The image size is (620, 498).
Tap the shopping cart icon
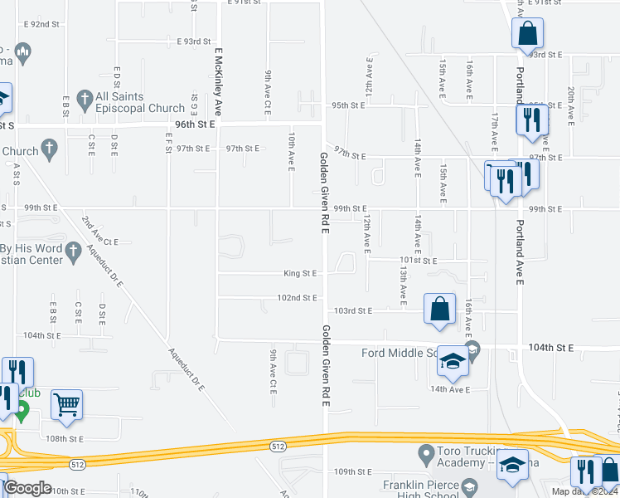click(67, 405)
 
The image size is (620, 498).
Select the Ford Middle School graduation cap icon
click(453, 361)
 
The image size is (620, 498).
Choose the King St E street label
click(300, 272)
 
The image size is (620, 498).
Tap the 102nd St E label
click(297, 297)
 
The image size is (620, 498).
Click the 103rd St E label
click(354, 310)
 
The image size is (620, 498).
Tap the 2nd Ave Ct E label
click(99, 242)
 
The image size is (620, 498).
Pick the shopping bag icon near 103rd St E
click(439, 309)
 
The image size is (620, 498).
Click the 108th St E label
click(65, 437)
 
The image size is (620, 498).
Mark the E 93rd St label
click(195, 41)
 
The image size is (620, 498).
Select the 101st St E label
click(419, 260)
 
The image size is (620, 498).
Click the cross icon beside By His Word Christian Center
click(73, 250)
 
